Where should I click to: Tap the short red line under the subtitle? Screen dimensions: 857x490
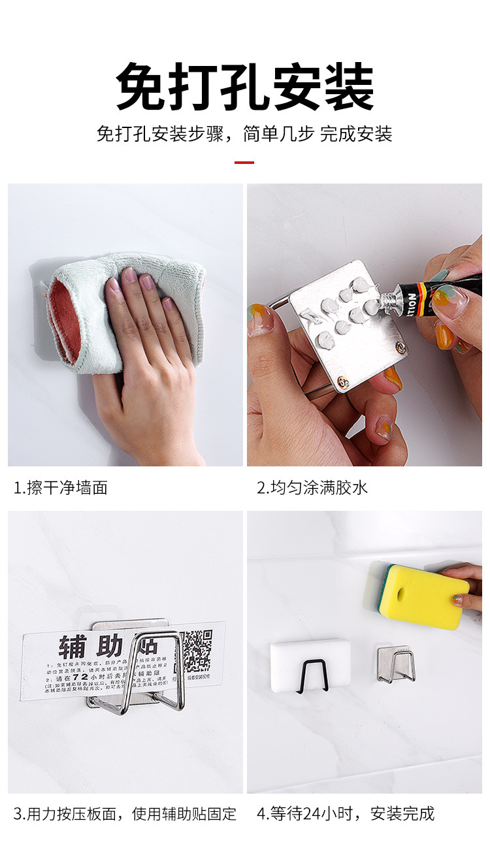(244, 162)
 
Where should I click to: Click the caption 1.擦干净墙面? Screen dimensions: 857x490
(61, 487)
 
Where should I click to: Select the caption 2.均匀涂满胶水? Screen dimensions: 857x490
(312, 487)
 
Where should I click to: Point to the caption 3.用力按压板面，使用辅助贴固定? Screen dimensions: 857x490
(125, 813)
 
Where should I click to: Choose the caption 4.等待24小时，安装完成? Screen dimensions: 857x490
(345, 813)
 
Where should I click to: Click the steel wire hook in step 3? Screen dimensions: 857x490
(157, 673)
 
